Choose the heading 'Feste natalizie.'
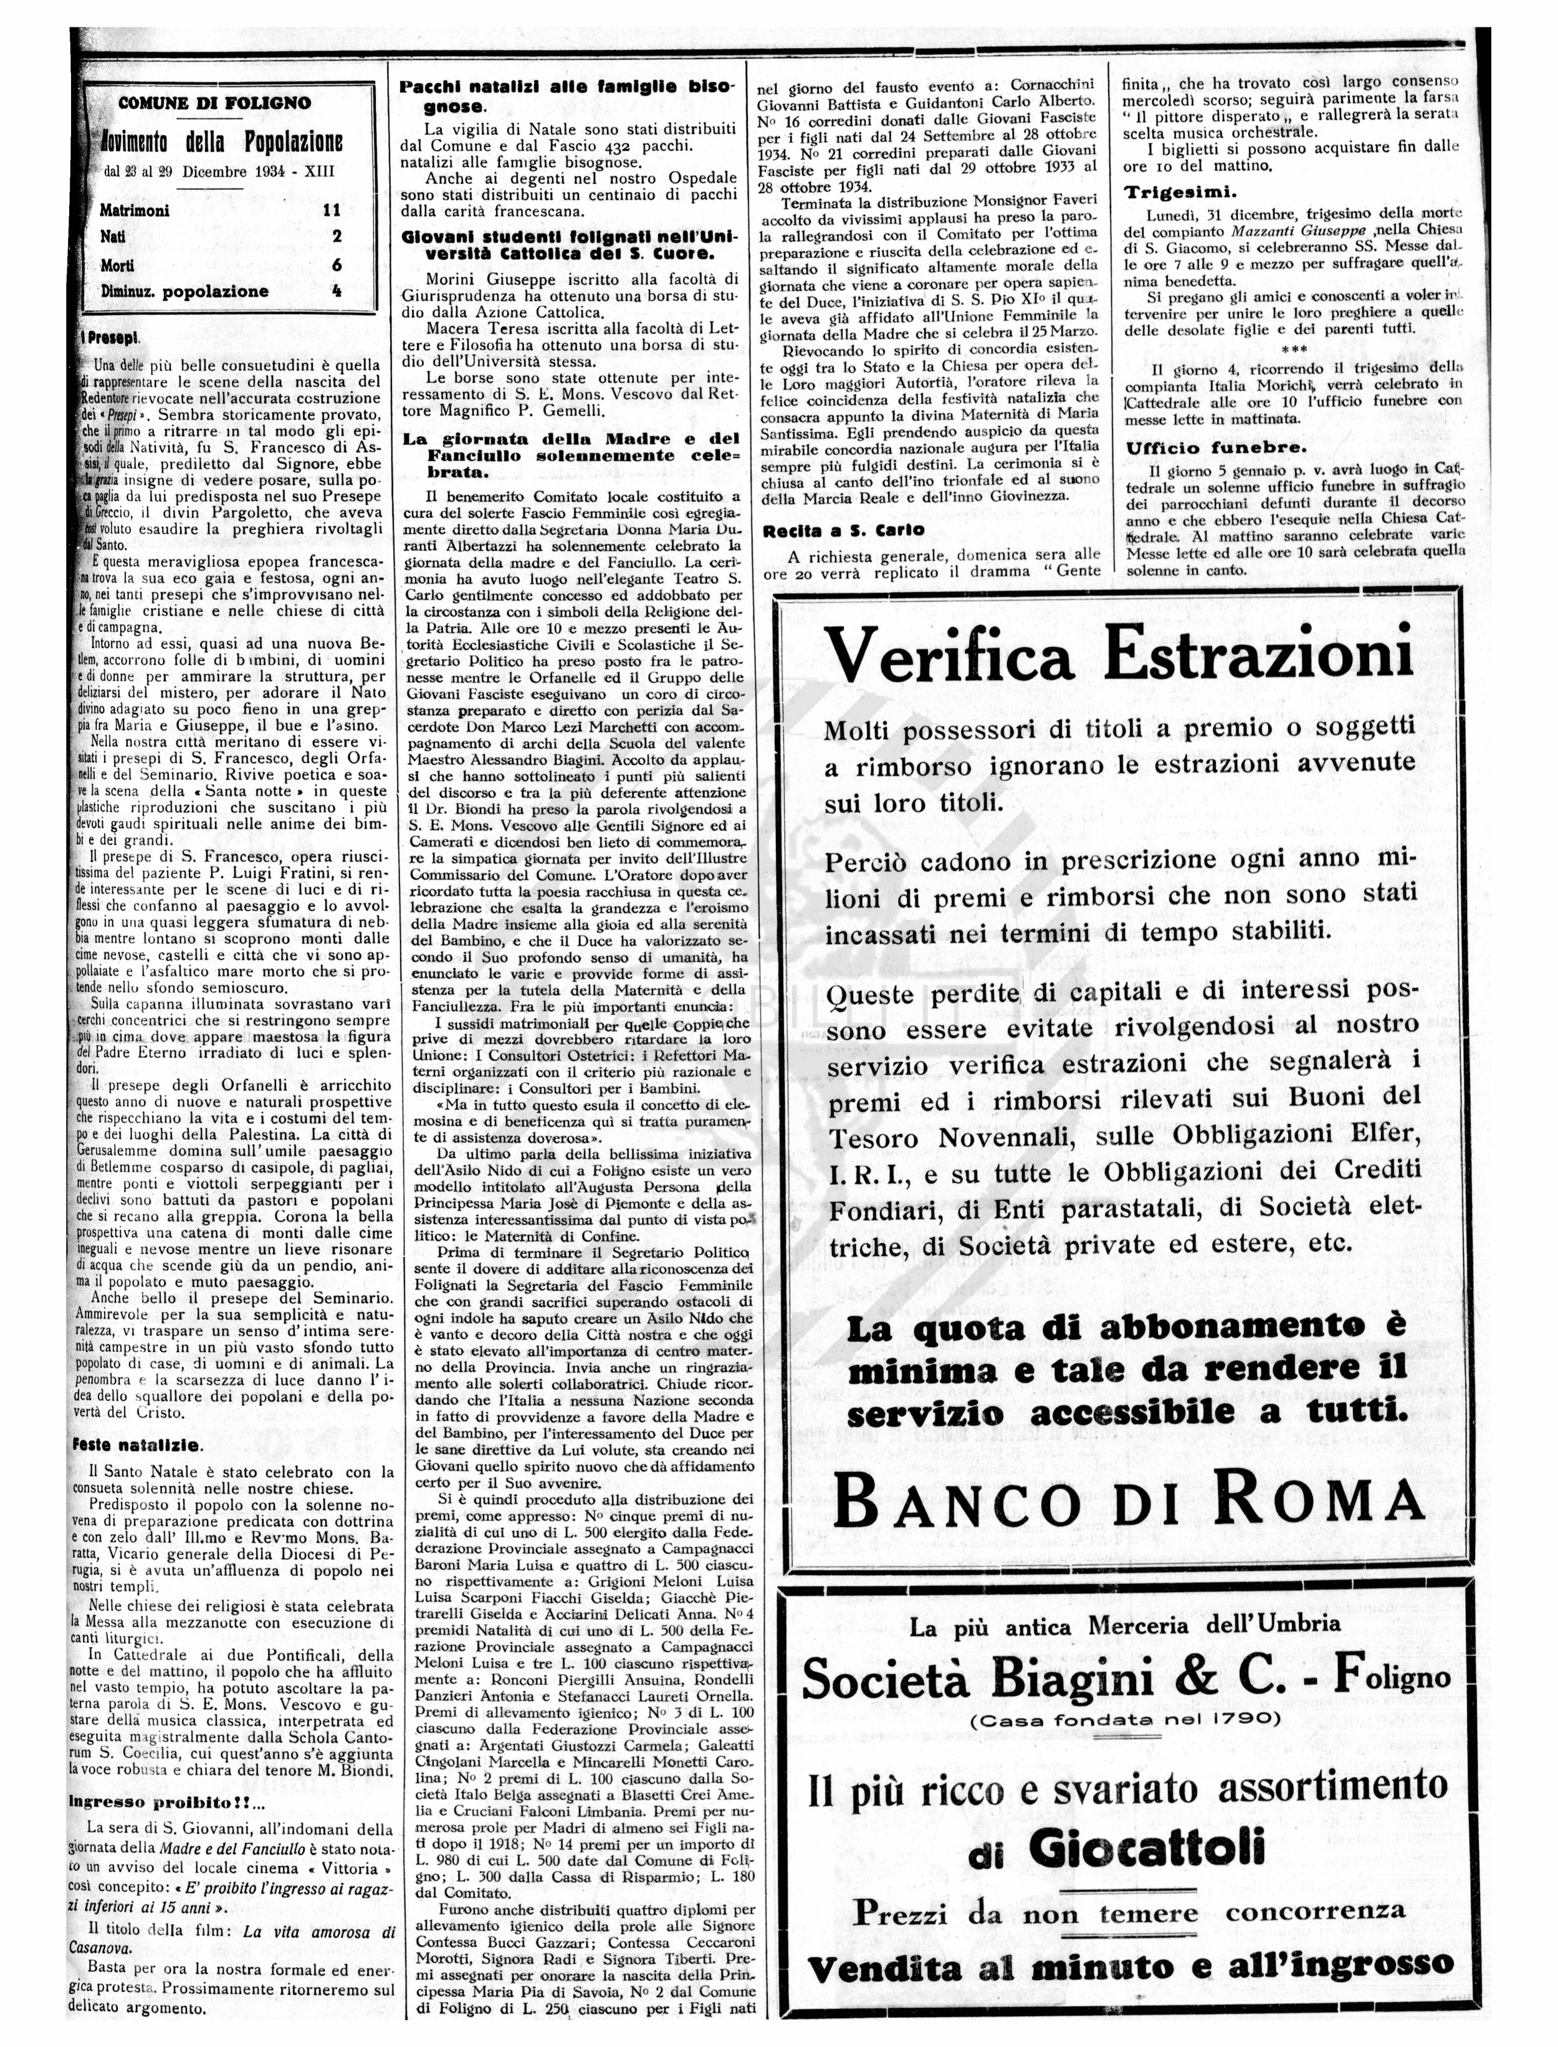(x=135, y=1444)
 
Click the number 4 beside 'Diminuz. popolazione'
(x=337, y=291)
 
